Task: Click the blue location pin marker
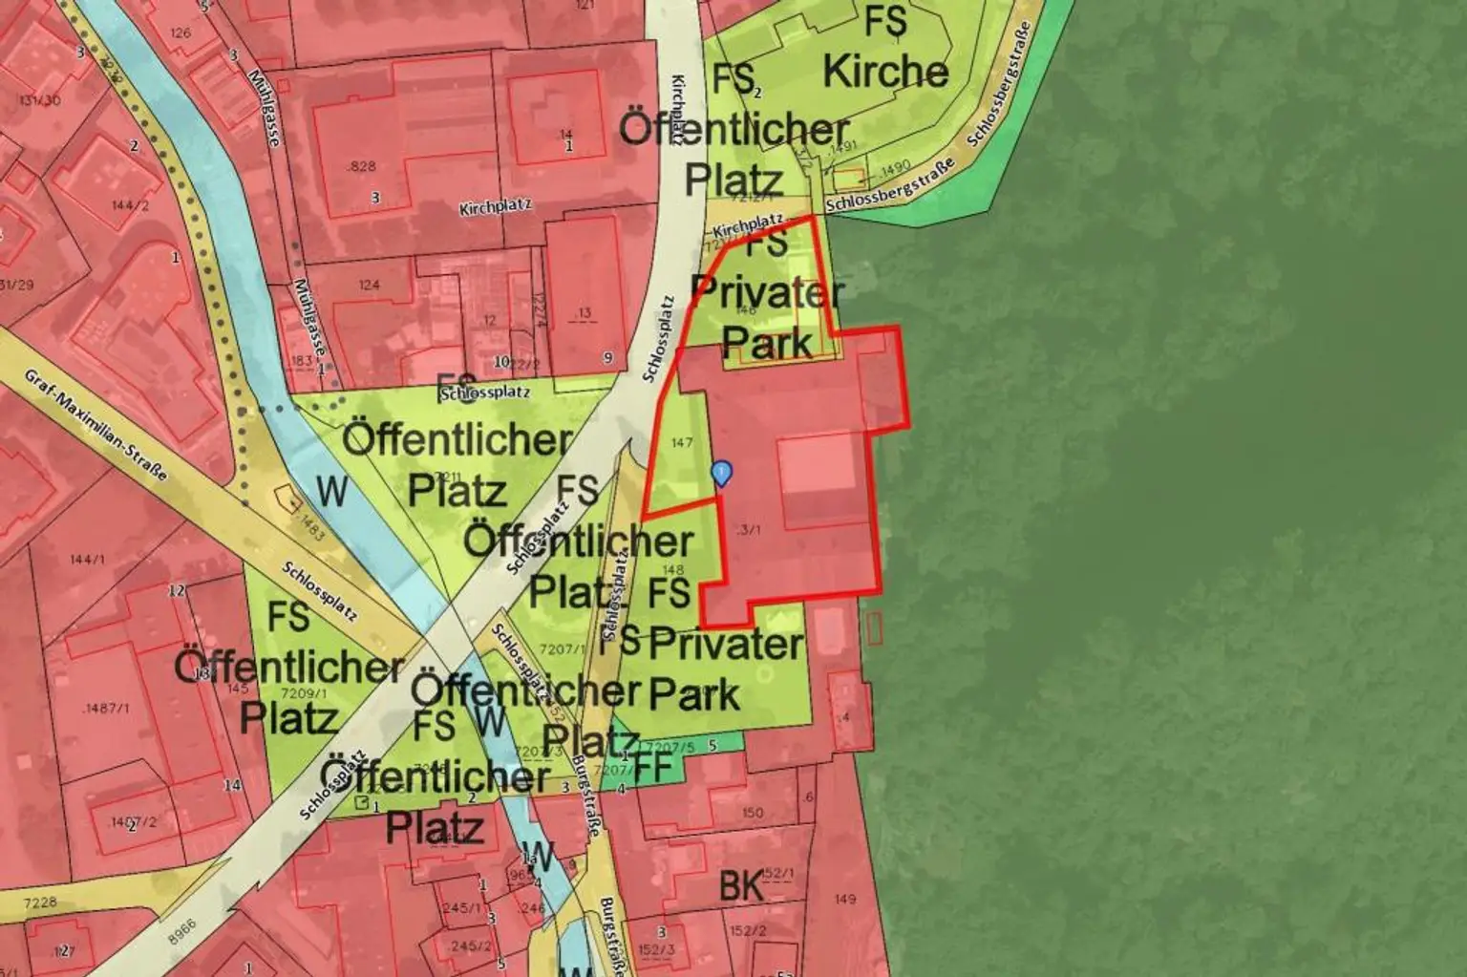pyautogui.click(x=723, y=471)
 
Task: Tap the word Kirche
pyautogui.click(x=884, y=72)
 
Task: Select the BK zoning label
pyautogui.click(x=741, y=886)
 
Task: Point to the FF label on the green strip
pyautogui.click(x=653, y=766)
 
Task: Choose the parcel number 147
pyautogui.click(x=681, y=442)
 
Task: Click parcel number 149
pyautogui.click(x=844, y=899)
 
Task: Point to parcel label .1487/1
pyautogui.click(x=106, y=708)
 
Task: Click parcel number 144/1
pyautogui.click(x=87, y=559)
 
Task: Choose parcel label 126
pyautogui.click(x=180, y=33)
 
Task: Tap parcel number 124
pyautogui.click(x=369, y=285)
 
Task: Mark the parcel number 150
pyautogui.click(x=752, y=813)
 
